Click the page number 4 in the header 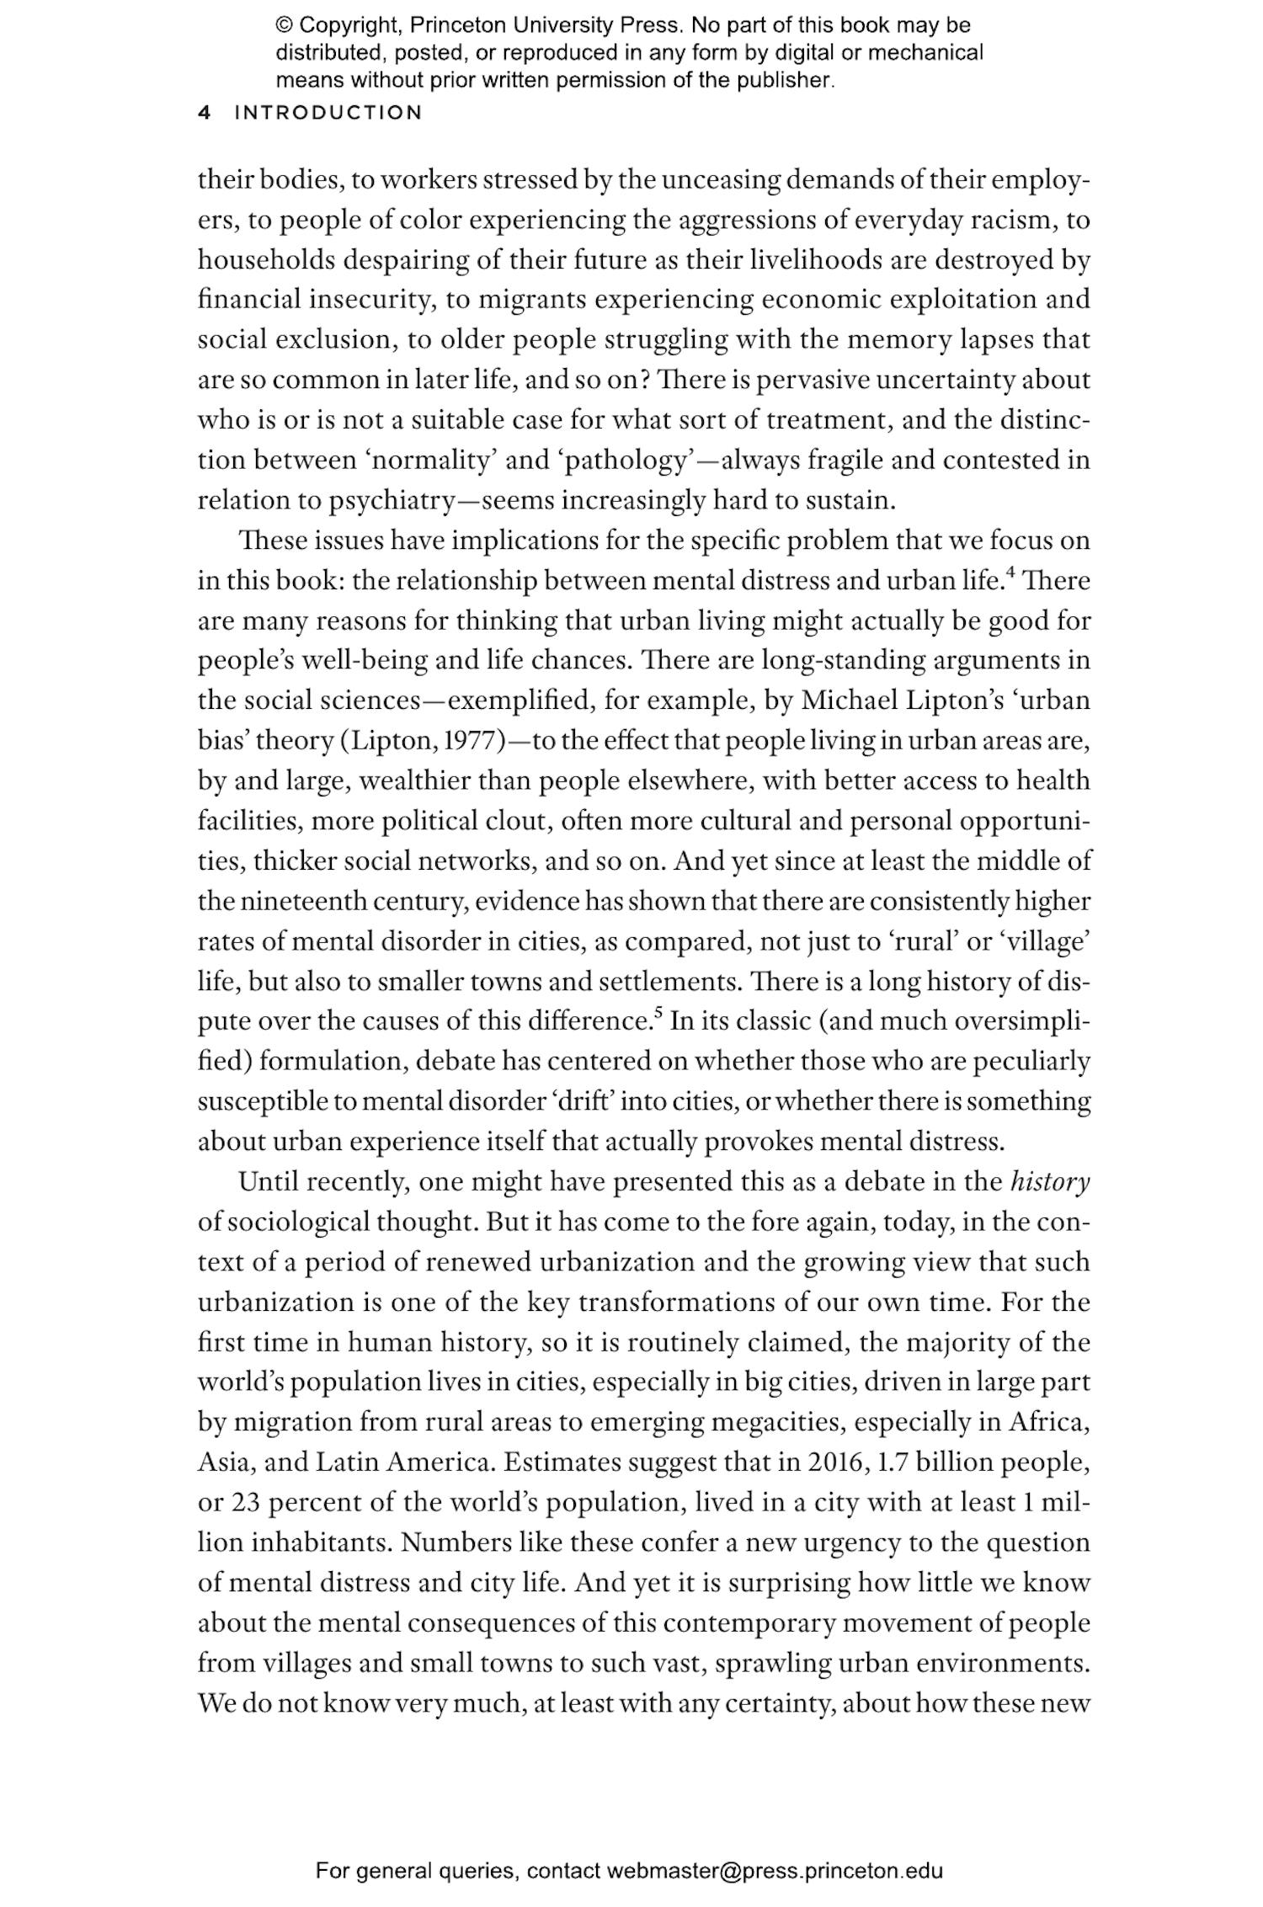click(x=203, y=113)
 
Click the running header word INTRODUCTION click(x=328, y=113)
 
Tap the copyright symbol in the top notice click(x=283, y=26)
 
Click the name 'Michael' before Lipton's click(x=848, y=700)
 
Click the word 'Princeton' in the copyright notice click(x=451, y=26)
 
